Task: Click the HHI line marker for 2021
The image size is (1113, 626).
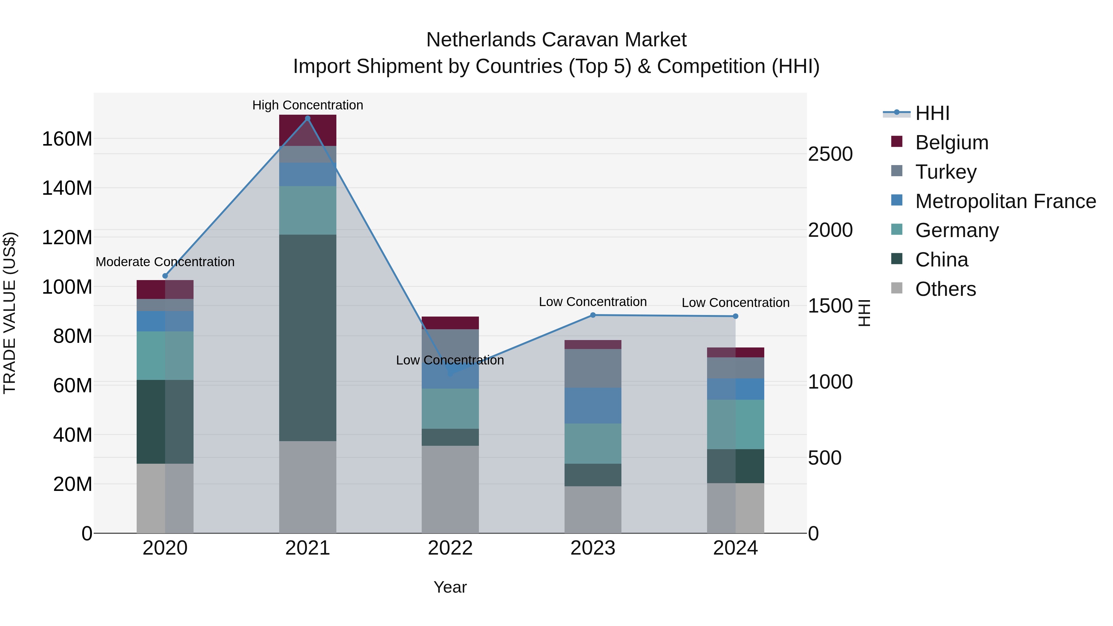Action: coord(308,118)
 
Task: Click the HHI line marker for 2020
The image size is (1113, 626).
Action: coord(165,276)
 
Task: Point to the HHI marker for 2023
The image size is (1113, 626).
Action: coord(593,315)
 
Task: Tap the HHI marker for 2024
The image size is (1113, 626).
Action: coord(736,316)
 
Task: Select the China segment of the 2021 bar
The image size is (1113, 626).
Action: coord(308,338)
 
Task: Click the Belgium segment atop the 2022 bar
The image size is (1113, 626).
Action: coord(450,323)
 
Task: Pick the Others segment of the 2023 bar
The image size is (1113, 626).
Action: coord(593,510)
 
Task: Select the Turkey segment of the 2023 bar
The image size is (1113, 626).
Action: coord(593,368)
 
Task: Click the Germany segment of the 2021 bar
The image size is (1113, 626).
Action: coord(308,211)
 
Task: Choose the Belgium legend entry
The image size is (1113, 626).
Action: coord(951,143)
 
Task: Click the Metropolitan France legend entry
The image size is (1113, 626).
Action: coord(1005,201)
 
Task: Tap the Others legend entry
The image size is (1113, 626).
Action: coord(945,289)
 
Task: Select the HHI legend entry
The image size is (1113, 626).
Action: coord(932,113)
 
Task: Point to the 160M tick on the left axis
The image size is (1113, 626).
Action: coord(67,139)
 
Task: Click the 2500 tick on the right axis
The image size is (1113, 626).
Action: coord(830,154)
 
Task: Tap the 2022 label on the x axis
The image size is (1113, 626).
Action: coord(450,548)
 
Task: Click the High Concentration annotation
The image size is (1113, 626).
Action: coord(308,105)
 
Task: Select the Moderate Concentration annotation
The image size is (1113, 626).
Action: coord(165,262)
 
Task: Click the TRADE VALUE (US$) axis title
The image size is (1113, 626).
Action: coord(10,313)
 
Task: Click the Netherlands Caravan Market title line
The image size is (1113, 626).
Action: coord(556,40)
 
